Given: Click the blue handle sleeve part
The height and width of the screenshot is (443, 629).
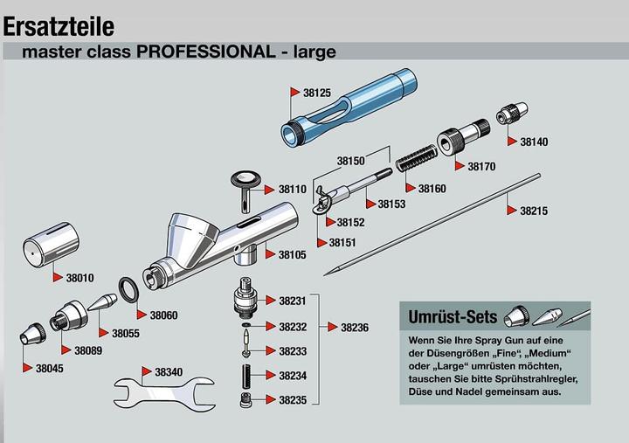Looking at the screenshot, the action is pos(349,107).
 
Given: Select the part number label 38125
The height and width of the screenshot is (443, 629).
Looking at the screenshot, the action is pos(317,93).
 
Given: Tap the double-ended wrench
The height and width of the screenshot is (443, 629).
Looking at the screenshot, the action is pos(164,394).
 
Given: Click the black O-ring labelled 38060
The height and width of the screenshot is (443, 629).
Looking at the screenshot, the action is pos(128,290).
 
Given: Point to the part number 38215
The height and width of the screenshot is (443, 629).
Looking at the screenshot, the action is pos(534,211).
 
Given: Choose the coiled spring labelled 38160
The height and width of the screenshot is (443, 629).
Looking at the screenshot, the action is pos(416,157).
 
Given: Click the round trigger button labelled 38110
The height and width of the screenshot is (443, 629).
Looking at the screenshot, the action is pos(245,189).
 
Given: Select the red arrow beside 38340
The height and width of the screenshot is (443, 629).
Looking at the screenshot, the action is pos(147,371).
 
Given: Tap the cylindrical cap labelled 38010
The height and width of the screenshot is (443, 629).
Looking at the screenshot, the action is pos(51,244).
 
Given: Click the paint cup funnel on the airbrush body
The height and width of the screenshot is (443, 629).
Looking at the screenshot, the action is pos(192,240).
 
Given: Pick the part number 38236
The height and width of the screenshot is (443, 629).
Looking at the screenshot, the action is pos(355,328).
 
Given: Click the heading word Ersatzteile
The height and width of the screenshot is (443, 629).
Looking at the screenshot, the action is pos(59,26).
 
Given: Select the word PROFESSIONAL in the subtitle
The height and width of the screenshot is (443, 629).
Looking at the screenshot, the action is pos(206,52).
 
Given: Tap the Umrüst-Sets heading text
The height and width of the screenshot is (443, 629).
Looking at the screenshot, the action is pos(453,317).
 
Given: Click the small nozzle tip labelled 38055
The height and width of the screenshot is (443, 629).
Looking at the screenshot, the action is pos(103,302).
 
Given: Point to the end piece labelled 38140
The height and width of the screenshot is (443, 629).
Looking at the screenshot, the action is pos(512,113).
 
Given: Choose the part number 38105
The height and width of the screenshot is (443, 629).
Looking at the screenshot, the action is pos(293,255).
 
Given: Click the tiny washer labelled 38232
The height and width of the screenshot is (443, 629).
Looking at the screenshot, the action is pos(245,324).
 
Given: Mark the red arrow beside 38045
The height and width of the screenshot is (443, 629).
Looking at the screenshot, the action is pos(28,368).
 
